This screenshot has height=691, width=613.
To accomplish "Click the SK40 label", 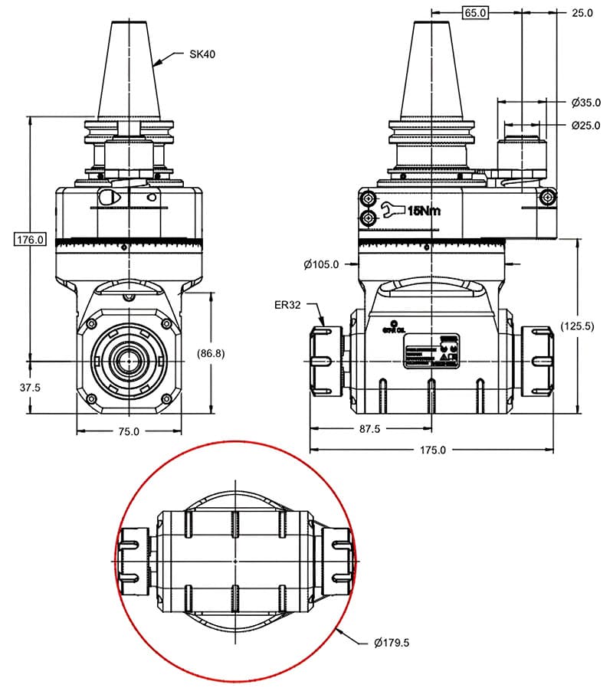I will (x=202, y=54).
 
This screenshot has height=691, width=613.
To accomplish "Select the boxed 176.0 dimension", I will (x=31, y=240).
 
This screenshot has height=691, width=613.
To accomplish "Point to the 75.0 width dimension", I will (x=128, y=431).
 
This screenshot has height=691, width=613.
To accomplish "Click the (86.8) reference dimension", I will (x=211, y=353).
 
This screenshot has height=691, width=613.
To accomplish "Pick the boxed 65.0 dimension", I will (x=476, y=13).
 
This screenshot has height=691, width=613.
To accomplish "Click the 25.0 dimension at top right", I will (x=583, y=13).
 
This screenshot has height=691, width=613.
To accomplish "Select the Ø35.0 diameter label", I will (x=586, y=102).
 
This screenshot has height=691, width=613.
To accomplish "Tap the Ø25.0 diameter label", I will (x=586, y=125).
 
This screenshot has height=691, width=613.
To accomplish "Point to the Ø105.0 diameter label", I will (x=321, y=264).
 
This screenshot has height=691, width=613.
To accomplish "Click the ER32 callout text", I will (x=288, y=304).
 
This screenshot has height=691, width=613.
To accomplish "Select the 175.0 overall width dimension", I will (x=432, y=450).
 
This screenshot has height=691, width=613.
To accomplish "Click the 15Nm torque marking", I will (x=424, y=211).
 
